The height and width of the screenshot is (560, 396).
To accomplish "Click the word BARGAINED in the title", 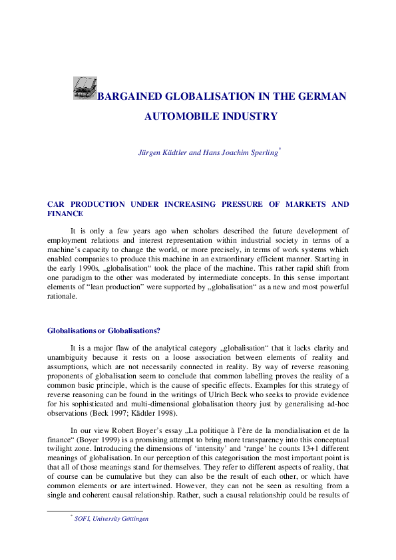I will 130,96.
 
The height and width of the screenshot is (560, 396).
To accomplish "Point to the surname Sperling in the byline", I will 262,153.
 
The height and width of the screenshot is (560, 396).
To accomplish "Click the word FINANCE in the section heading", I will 65,214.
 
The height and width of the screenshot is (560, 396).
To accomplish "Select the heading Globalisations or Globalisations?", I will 104,331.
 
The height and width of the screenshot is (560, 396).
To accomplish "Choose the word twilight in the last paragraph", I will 61,450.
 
